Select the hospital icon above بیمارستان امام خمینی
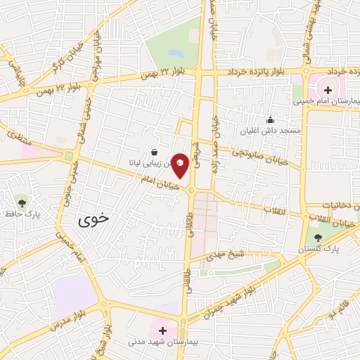[x=328, y=90]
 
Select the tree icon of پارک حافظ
[x=24, y=202]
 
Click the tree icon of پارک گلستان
[x=319, y=238]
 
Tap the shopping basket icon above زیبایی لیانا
[x=154, y=151]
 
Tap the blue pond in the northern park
[x=176, y=53]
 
